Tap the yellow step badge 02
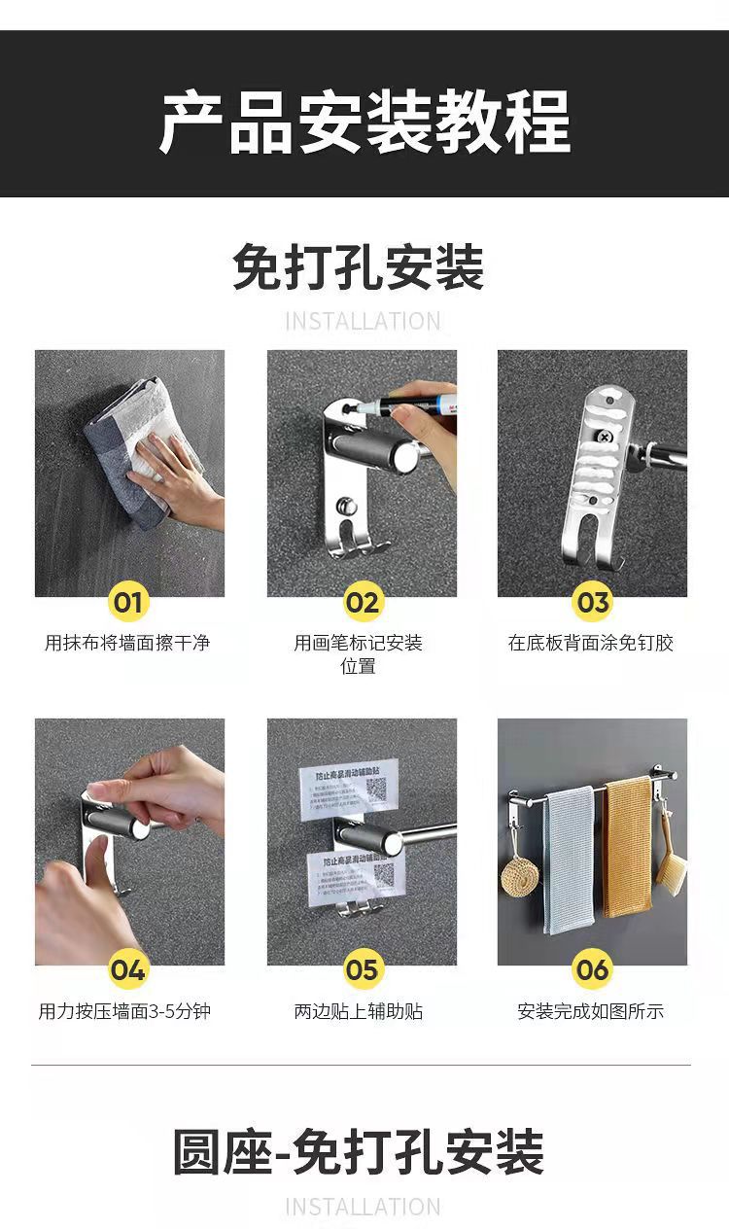pyautogui.click(x=362, y=602)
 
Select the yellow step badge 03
pyautogui.click(x=592, y=602)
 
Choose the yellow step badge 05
pyautogui.click(x=362, y=969)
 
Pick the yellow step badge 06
pyautogui.click(x=592, y=969)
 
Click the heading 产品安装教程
pyautogui.click(x=364, y=122)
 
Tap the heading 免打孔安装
pyautogui.click(x=359, y=267)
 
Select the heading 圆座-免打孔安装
pyautogui.click(x=359, y=1153)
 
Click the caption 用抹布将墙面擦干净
pyautogui.click(x=127, y=643)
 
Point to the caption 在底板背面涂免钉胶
pyautogui.click(x=591, y=643)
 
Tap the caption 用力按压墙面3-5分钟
pyautogui.click(x=125, y=1011)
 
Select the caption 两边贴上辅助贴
pyautogui.click(x=359, y=1011)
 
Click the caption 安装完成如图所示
pyautogui.click(x=591, y=1011)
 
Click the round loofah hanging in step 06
pyautogui.click(x=520, y=876)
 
